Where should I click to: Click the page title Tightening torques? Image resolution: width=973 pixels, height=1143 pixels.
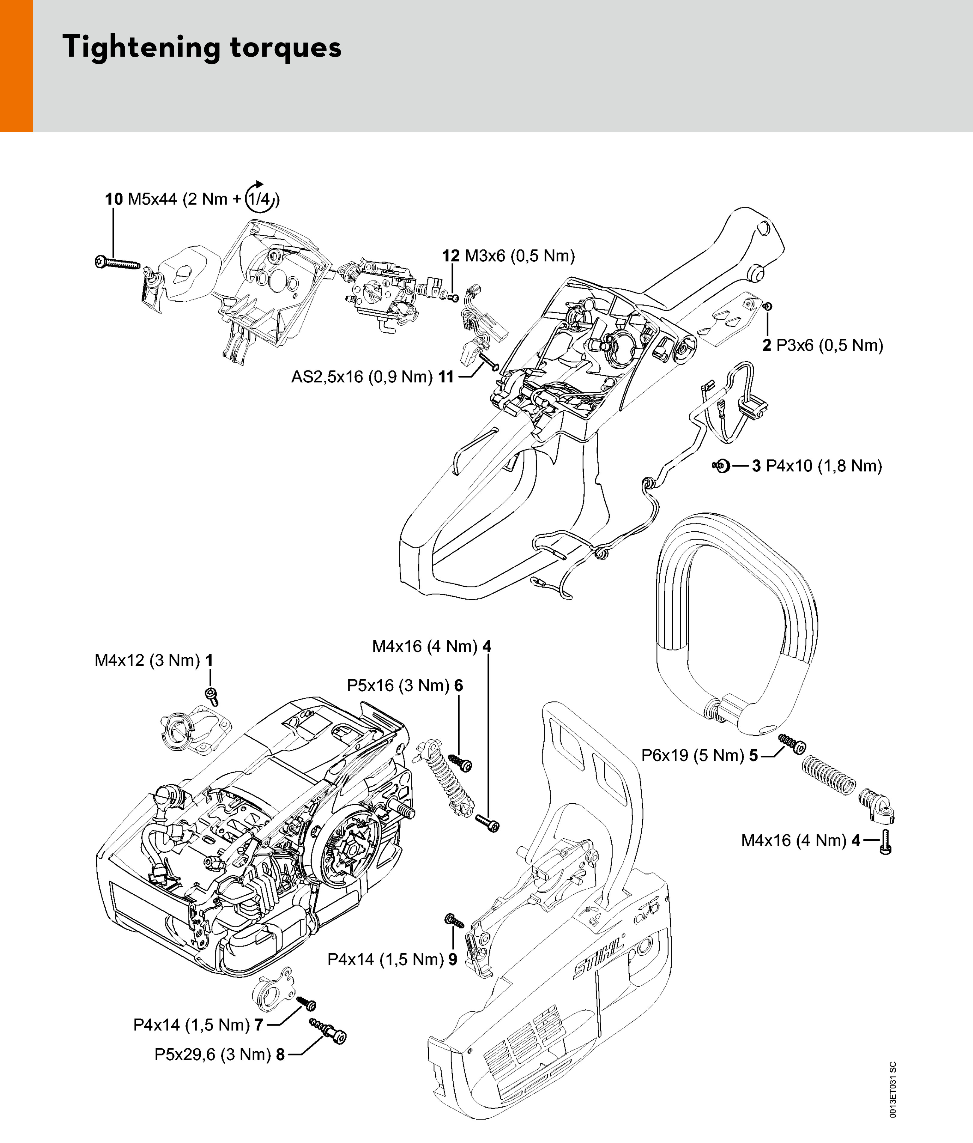coord(202,47)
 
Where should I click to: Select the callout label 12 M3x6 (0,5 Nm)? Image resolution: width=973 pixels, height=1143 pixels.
coord(508,256)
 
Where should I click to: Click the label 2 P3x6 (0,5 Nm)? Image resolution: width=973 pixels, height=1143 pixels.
coord(822,346)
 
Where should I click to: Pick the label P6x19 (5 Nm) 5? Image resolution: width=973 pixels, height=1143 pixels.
coord(699,755)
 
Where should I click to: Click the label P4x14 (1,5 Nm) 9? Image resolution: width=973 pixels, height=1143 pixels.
coord(392,959)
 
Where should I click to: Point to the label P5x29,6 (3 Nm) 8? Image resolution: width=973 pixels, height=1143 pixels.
coord(220,1055)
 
